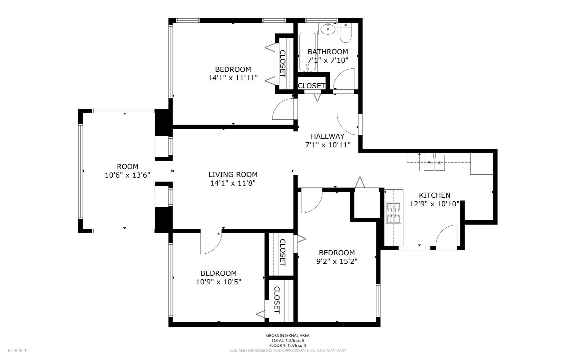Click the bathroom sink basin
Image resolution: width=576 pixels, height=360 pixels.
pyautogui.click(x=328, y=29)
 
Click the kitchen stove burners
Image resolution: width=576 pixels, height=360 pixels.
pyautogui.click(x=393, y=213)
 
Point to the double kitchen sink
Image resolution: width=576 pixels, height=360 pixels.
pyautogui.click(x=434, y=163)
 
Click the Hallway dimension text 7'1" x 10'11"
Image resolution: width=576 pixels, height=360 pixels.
pyautogui.click(x=328, y=145)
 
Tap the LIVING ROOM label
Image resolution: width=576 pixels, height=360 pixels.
pyautogui.click(x=233, y=174)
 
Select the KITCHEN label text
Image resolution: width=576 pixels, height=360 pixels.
pyautogui.click(x=434, y=195)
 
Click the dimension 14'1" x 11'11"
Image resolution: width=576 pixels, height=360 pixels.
pyautogui.click(x=233, y=78)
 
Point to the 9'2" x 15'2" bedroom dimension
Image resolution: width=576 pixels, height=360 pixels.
pyautogui.click(x=336, y=261)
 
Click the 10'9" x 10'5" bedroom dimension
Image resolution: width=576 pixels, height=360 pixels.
pyautogui.click(x=219, y=282)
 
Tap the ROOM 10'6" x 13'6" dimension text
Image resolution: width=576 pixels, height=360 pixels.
pyautogui.click(x=128, y=175)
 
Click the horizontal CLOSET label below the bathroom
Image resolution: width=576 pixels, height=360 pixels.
pyautogui.click(x=311, y=86)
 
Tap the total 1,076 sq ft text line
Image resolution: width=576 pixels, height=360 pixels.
pyautogui.click(x=288, y=341)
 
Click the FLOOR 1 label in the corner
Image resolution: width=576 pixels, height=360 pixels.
pyautogui.click(x=17, y=350)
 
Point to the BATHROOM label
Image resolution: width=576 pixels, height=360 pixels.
pyautogui.click(x=327, y=52)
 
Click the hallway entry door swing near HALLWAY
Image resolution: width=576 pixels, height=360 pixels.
pyautogui.click(x=348, y=124)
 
